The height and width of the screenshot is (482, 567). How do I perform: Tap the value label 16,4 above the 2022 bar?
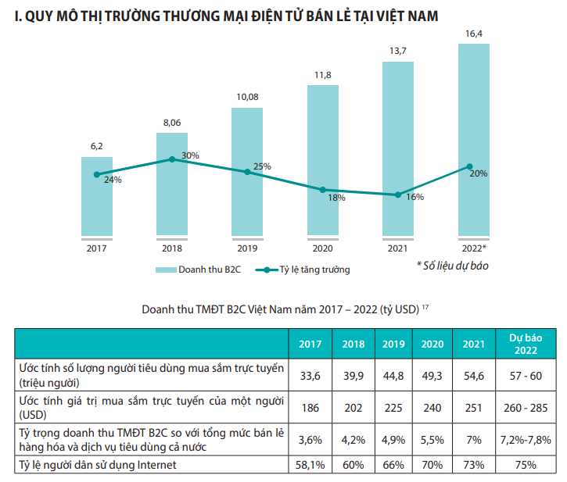(x=474, y=34)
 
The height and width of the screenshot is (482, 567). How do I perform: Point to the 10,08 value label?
(x=247, y=97)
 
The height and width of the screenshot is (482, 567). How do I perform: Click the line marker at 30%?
(x=172, y=159)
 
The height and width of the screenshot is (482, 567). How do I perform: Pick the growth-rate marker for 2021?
(x=398, y=195)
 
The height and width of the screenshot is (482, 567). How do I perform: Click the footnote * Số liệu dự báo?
(x=452, y=266)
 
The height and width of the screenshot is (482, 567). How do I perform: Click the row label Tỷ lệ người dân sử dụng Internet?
(x=98, y=466)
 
